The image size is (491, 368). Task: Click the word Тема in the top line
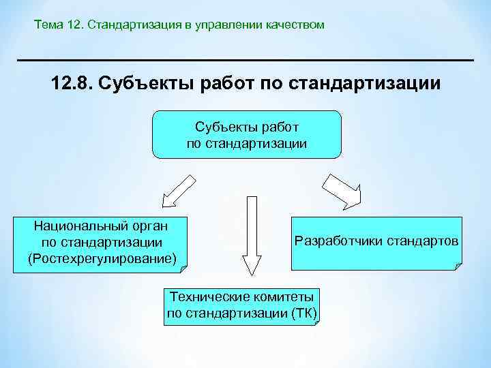click(x=48, y=25)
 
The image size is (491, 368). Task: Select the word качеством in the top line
click(x=295, y=25)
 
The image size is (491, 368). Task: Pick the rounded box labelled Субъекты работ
click(x=246, y=134)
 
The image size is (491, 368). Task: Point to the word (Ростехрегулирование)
click(x=102, y=258)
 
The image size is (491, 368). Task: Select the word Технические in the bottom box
click(x=205, y=298)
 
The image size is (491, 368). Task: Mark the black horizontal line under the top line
click(x=245, y=61)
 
